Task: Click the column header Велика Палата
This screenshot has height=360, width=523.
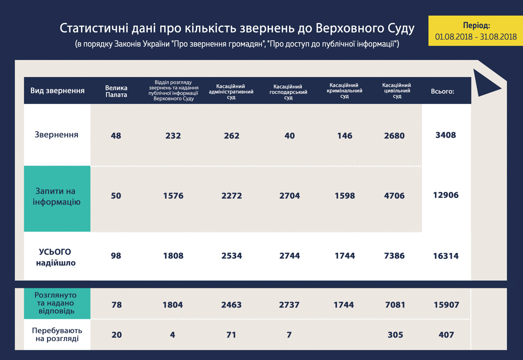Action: click(x=116, y=91)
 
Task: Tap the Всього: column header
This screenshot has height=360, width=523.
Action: click(x=442, y=92)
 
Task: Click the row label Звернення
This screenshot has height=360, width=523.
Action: click(x=57, y=135)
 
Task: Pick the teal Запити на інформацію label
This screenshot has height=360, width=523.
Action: click(x=57, y=197)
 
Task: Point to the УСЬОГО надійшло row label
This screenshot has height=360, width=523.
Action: click(x=57, y=257)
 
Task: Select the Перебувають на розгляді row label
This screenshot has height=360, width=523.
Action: click(x=57, y=334)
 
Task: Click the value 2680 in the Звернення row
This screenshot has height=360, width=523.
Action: click(x=394, y=136)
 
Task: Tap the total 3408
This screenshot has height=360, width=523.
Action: click(x=445, y=135)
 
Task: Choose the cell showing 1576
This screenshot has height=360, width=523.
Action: click(x=173, y=196)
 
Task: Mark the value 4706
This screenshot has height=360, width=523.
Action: click(x=394, y=196)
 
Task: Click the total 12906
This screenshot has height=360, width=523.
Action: click(x=446, y=195)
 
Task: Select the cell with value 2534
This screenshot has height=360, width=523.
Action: click(x=231, y=256)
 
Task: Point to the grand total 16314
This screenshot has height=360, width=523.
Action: click(x=446, y=256)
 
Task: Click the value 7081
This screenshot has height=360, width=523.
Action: click(x=394, y=305)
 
